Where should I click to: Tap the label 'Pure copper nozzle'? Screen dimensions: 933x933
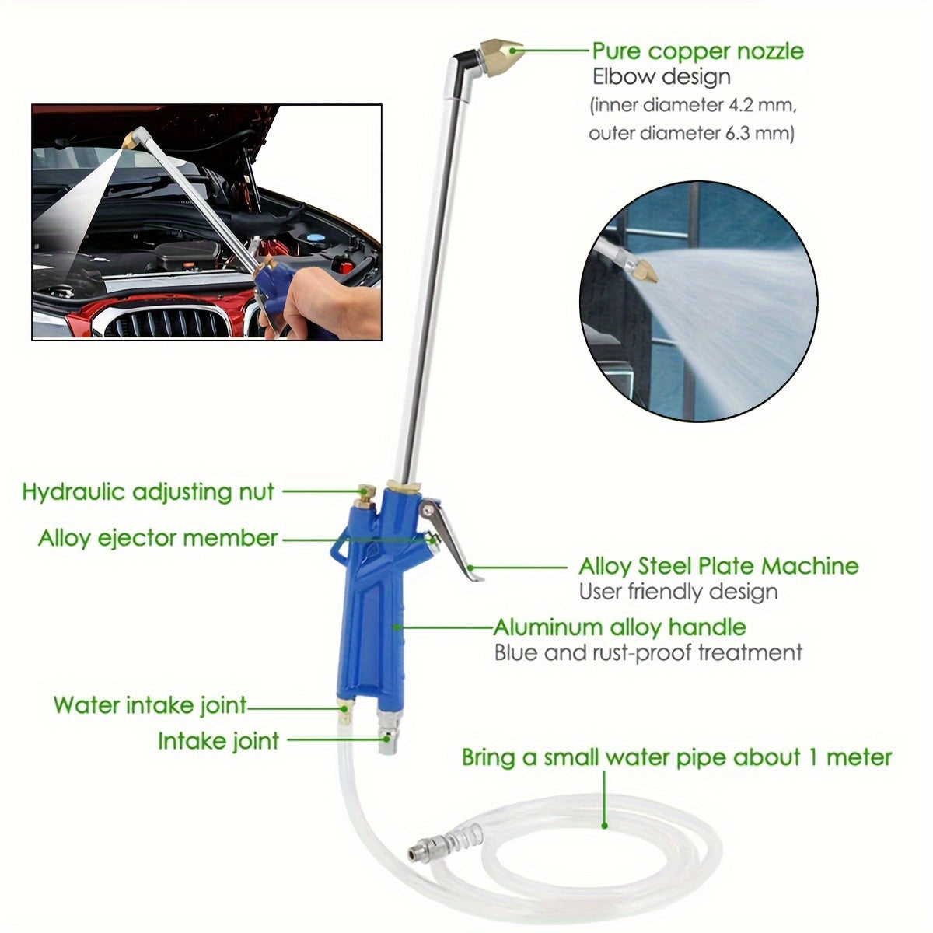697,51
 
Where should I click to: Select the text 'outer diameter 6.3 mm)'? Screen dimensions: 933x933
691,133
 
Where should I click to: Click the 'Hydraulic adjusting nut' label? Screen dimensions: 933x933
148,492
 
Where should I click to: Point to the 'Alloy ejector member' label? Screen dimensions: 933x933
158,538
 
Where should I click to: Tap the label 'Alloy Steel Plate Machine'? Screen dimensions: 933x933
718,565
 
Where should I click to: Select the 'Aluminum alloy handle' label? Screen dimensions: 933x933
620,627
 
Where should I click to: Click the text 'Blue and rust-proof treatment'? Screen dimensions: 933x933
648,652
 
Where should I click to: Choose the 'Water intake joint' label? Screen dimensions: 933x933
150,705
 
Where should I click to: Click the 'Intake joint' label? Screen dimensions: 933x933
218,741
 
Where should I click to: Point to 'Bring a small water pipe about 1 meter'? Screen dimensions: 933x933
676,757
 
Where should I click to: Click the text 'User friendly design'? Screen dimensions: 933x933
678,592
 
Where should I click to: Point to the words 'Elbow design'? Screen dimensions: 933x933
662,77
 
